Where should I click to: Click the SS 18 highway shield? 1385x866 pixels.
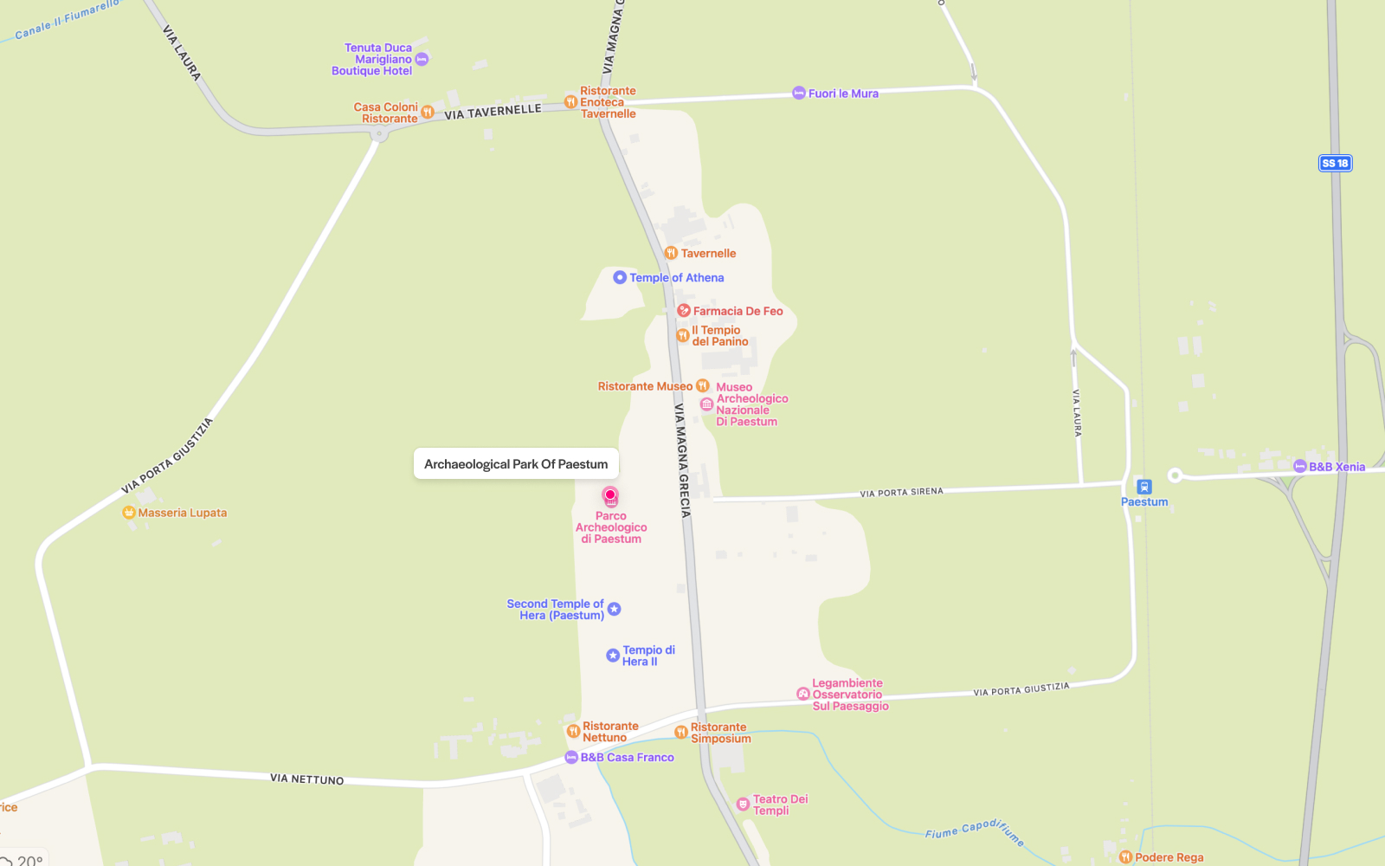[1335, 163]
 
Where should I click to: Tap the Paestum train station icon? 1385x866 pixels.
[1144, 487]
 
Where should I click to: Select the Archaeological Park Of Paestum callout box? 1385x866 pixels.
[516, 463]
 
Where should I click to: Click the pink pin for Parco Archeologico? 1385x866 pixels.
[610, 496]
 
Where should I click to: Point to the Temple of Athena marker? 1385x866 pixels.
[620, 278]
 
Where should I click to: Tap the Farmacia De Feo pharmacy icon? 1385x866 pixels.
[683, 310]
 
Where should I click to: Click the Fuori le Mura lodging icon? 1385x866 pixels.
[799, 94]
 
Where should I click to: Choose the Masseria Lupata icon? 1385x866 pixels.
[129, 513]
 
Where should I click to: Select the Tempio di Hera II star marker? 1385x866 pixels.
[613, 656]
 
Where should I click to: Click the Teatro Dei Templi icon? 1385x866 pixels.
[743, 805]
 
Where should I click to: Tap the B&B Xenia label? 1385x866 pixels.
[1337, 467]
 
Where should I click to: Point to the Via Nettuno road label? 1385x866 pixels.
[306, 779]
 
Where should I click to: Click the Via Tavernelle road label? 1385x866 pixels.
[493, 112]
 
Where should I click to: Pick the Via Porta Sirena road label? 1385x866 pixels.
[901, 493]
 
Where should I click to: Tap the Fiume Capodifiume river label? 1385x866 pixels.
[974, 830]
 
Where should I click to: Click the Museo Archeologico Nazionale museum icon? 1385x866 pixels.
[706, 404]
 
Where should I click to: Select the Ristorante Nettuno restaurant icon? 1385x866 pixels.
[573, 732]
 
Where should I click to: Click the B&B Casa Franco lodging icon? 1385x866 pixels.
[571, 758]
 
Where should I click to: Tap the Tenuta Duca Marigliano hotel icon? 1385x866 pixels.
[422, 60]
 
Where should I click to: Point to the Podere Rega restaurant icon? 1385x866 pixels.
[1125, 857]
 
